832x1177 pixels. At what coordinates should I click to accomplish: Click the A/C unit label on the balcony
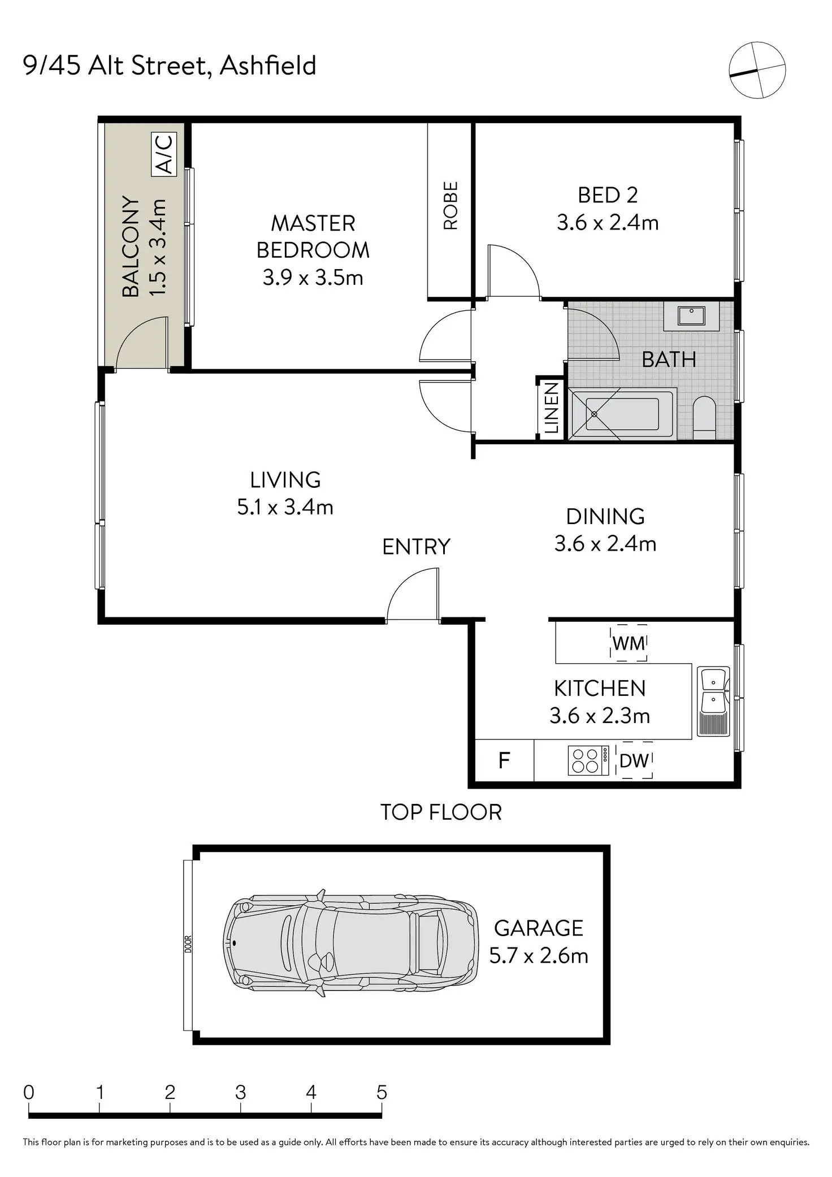coord(164,154)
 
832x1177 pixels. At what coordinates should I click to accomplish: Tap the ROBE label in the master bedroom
coord(450,206)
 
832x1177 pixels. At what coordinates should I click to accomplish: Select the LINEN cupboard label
coord(551,408)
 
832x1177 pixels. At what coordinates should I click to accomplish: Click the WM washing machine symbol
coord(629,643)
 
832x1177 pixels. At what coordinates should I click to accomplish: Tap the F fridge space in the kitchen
coord(504,760)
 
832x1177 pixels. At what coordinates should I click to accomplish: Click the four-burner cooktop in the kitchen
coord(588,760)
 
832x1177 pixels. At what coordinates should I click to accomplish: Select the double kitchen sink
coord(713,702)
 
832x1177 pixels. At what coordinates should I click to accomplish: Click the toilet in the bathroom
coord(704,417)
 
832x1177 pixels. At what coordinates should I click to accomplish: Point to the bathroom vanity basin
coord(691,315)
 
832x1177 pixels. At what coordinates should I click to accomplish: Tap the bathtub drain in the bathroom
coord(594,414)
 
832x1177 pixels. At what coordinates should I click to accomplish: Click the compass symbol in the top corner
coord(757,70)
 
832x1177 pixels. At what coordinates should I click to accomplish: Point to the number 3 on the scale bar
coord(240,1092)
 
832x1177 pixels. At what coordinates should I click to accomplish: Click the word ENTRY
coord(416,547)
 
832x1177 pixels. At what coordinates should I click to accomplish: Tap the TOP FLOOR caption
coord(441,812)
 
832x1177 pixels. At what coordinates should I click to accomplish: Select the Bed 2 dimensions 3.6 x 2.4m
coord(608,222)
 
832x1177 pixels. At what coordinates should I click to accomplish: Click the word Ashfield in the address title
coord(267,66)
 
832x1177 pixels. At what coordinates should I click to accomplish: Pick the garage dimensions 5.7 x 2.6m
coord(539,955)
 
